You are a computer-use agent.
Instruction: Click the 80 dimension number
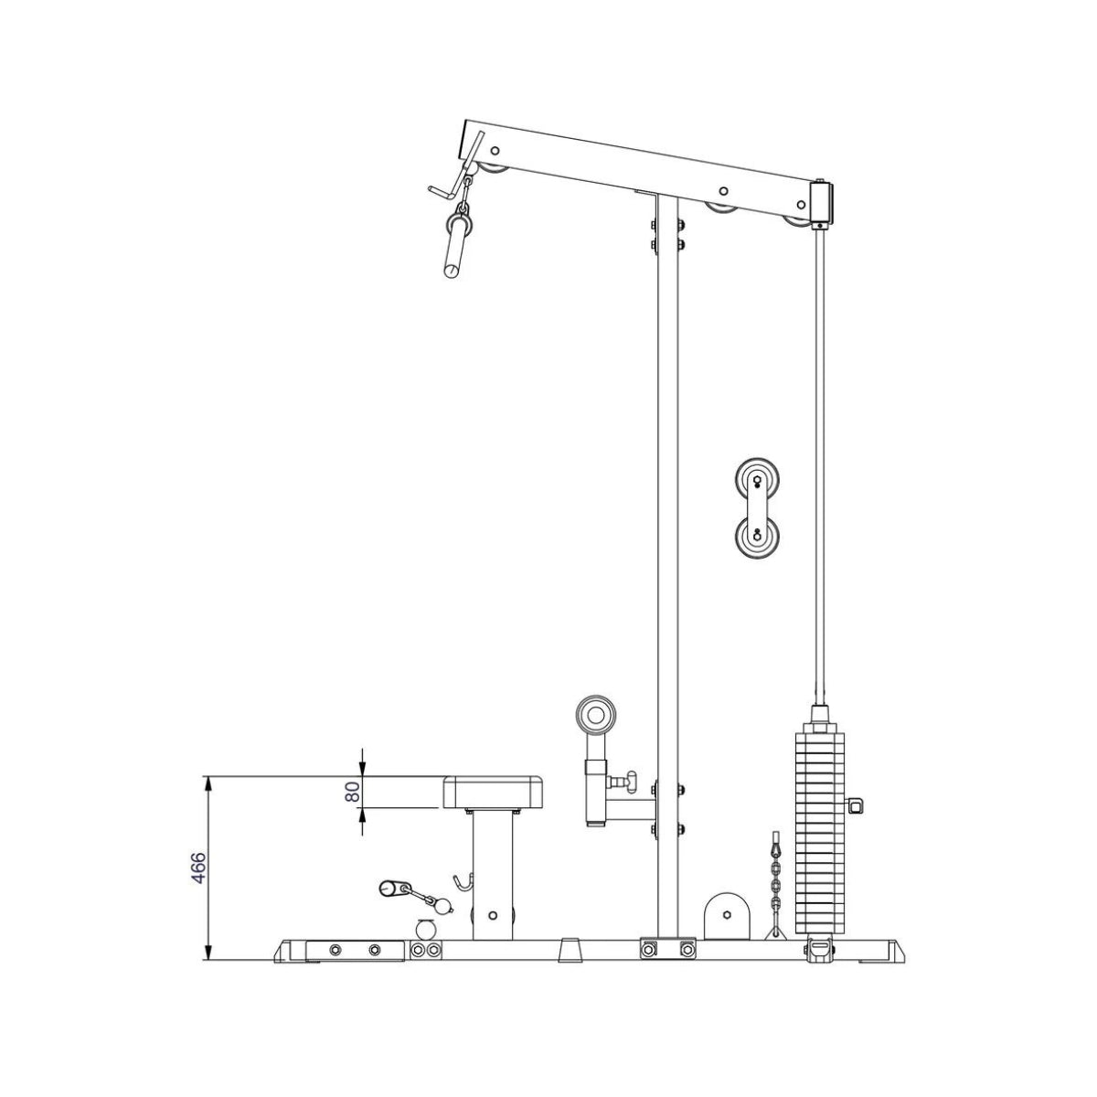point(351,792)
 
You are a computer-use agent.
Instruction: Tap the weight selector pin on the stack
point(857,804)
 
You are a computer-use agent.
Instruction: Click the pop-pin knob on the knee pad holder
point(625,780)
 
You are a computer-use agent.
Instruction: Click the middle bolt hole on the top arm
point(722,192)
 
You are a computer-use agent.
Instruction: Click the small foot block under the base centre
point(570,950)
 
